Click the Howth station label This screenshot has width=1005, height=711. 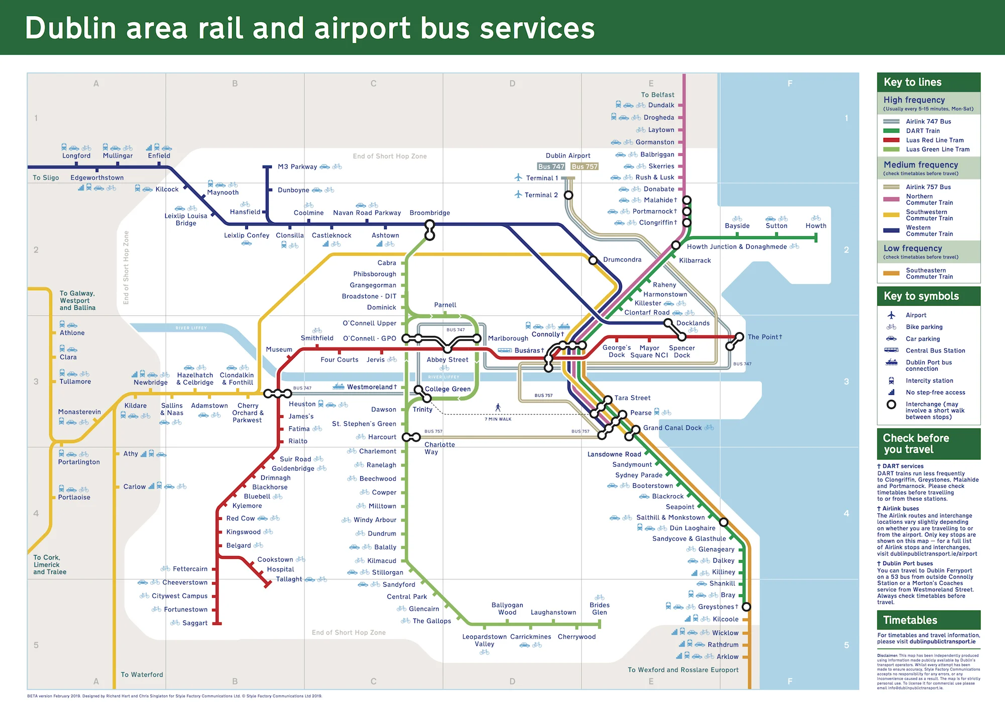coord(816,226)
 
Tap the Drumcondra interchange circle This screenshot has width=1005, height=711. coord(593,260)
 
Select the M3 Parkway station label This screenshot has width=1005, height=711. coord(297,167)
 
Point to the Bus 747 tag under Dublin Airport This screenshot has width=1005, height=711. coord(551,166)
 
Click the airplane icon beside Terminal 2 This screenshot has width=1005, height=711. coord(518,195)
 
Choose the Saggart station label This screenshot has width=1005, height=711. coord(195,623)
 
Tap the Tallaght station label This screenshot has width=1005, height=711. coord(289,579)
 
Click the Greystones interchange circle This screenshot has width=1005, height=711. coord(746,607)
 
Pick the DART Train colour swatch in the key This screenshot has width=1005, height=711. coord(891,131)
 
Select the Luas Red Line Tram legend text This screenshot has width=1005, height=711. coord(935,140)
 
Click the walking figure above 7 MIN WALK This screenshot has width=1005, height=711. coord(498,407)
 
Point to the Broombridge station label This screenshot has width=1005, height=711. coord(430,213)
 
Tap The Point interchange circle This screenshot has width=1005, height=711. coord(739,337)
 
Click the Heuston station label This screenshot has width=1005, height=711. coord(302,404)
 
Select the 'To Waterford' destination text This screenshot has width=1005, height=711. coord(142,675)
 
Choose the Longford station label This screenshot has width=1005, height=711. coord(76,156)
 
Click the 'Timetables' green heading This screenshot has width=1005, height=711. coord(910,620)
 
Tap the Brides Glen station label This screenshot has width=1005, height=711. coord(599,608)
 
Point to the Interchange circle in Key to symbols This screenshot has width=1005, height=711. coord(891,404)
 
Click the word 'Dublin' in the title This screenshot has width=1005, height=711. coord(71,28)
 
